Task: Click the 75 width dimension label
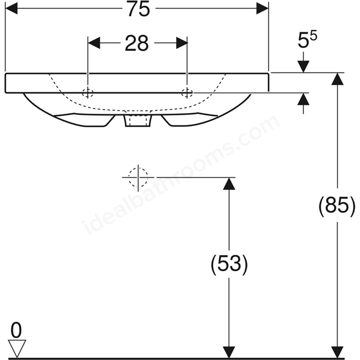[x=139, y=9]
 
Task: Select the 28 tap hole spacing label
[x=137, y=43]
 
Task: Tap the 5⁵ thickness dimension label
[x=307, y=39]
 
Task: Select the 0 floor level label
[x=16, y=330]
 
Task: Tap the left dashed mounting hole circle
[x=88, y=93]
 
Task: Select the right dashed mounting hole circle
[x=187, y=93]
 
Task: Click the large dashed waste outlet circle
[x=138, y=178]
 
